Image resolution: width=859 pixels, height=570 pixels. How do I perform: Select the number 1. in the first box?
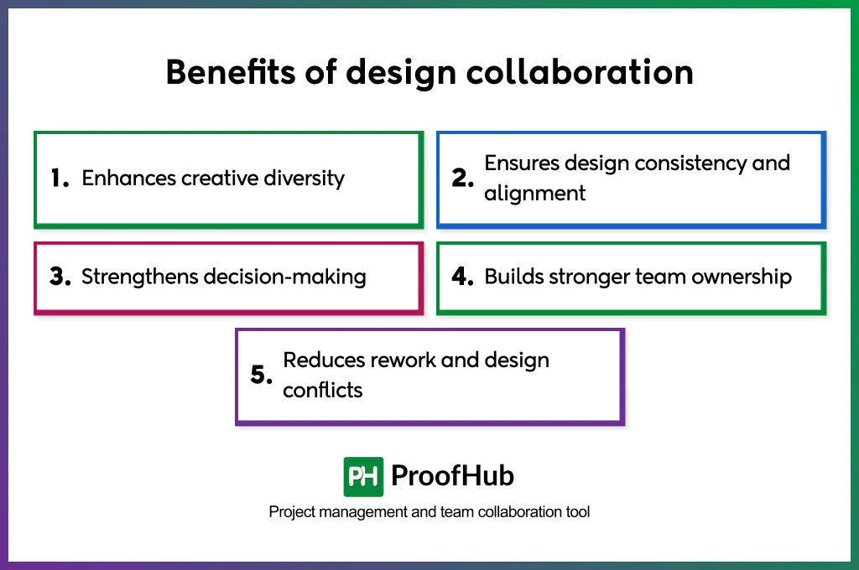(x=60, y=179)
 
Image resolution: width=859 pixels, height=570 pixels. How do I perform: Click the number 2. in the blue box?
(x=463, y=179)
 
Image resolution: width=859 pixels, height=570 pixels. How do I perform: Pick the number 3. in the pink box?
(x=60, y=277)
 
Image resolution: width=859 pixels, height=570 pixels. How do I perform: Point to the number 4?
(x=463, y=277)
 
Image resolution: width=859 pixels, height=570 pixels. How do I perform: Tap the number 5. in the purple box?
(x=262, y=376)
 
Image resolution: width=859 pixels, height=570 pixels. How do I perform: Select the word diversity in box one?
(x=304, y=179)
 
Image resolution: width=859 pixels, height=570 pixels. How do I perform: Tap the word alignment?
(x=534, y=194)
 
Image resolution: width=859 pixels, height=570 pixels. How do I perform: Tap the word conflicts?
(x=323, y=391)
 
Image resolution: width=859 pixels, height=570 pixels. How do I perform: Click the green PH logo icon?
(x=363, y=476)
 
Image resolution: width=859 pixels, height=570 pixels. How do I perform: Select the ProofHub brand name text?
(x=452, y=476)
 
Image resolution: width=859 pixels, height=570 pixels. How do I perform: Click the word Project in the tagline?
(x=291, y=511)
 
